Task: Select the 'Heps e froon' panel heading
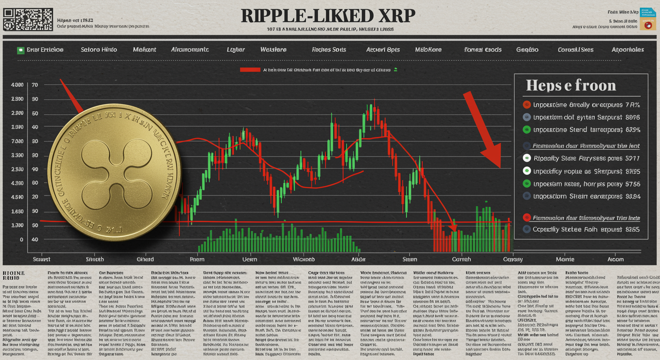[570, 85]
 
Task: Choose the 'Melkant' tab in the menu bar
[144, 50]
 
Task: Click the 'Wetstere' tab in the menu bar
[273, 50]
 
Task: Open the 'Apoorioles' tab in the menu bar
[628, 50]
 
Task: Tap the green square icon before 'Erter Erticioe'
[21, 50]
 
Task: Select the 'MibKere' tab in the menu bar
[429, 50]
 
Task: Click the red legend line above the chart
[250, 70]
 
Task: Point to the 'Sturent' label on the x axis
[41, 259]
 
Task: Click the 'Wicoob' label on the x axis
[304, 259]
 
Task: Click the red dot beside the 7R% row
[526, 105]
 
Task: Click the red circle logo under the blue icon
[649, 25]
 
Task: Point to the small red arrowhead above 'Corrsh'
[453, 227]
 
